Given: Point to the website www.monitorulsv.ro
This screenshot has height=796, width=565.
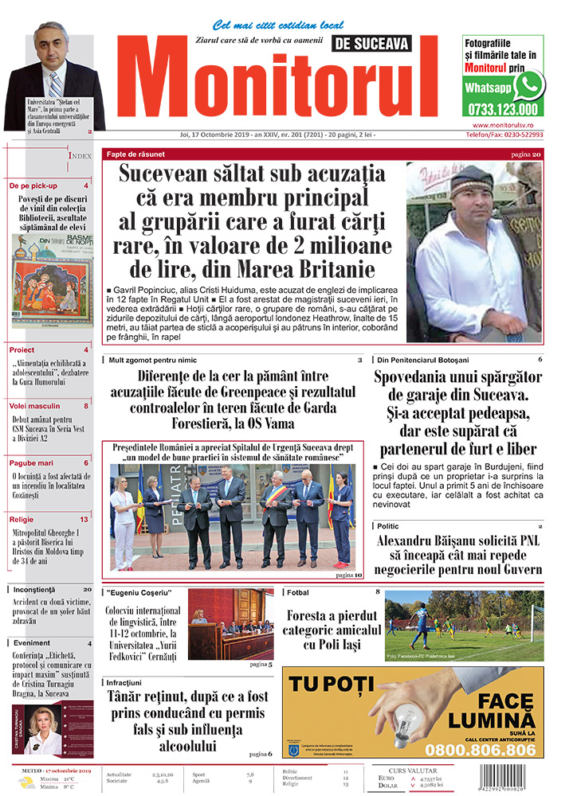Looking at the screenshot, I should pyautogui.click(x=514, y=125).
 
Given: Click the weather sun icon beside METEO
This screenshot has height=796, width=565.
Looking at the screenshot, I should pyautogui.click(x=28, y=783).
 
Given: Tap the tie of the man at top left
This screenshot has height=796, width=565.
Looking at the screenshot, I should pyautogui.click(x=54, y=81).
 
